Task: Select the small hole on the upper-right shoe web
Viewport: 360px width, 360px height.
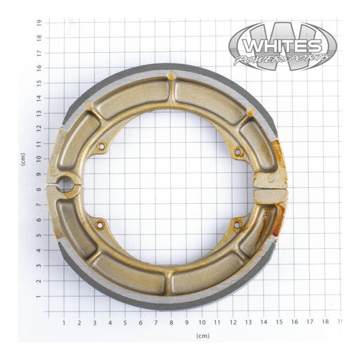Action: pyautogui.click(x=237, y=150)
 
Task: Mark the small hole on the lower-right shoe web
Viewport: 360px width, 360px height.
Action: pyautogui.click(x=236, y=224)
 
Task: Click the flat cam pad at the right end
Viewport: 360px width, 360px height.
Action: pyautogui.click(x=270, y=196)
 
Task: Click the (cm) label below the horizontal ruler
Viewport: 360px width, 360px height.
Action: pyautogui.click(x=202, y=336)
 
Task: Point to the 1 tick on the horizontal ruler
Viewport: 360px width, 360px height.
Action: pyautogui.click(x=64, y=323)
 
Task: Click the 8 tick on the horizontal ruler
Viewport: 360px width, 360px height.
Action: pyautogui.click(x=171, y=323)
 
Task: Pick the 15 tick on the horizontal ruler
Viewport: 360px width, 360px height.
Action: pyautogui.click(x=278, y=323)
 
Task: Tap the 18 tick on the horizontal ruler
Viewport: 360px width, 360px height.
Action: pyautogui.click(x=324, y=323)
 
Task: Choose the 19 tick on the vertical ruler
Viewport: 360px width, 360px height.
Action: pyautogui.click(x=39, y=22)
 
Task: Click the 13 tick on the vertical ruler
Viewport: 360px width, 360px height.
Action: pyautogui.click(x=39, y=113)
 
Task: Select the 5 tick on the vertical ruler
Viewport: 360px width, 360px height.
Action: pyautogui.click(x=39, y=236)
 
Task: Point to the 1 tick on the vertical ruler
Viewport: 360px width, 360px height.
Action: pyautogui.click(x=39, y=297)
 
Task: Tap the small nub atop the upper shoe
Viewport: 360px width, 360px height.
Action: pyautogui.click(x=171, y=75)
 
